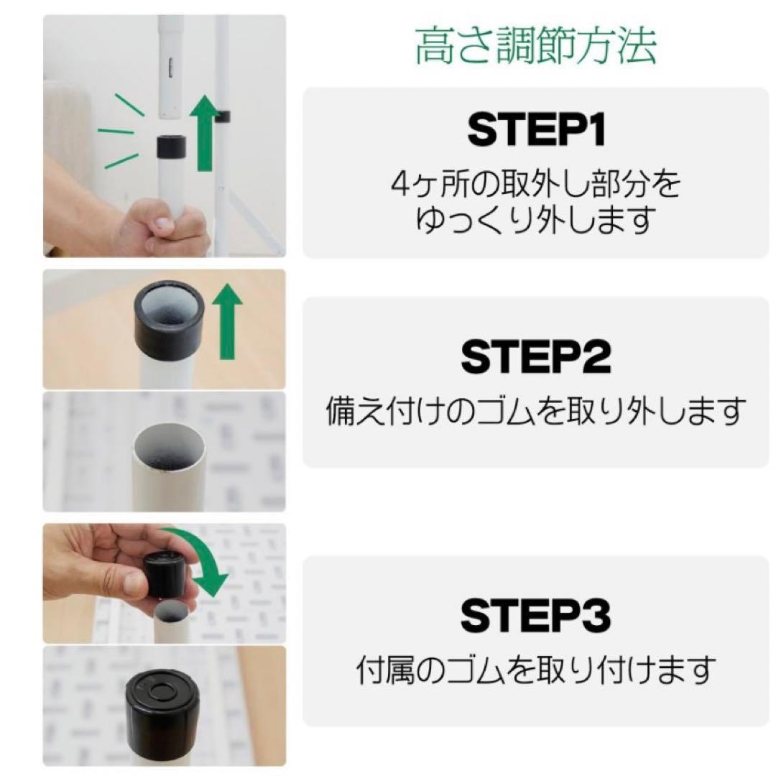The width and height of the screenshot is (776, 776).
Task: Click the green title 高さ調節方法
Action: tap(535, 47)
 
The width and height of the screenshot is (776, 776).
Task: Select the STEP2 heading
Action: tap(536, 357)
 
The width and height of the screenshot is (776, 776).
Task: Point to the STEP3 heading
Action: tap(536, 616)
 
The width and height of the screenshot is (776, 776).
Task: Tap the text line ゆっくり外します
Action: tap(535, 219)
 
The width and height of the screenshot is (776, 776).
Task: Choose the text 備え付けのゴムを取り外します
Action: tap(536, 412)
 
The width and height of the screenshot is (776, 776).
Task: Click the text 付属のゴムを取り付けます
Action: tap(536, 670)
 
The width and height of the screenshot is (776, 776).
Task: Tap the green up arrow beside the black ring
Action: tap(228, 320)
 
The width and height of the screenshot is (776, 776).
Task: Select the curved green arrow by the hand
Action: tap(205, 564)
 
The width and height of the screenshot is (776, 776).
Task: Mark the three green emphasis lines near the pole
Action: tap(119, 132)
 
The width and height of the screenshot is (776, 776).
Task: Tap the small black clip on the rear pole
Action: tap(222, 116)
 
